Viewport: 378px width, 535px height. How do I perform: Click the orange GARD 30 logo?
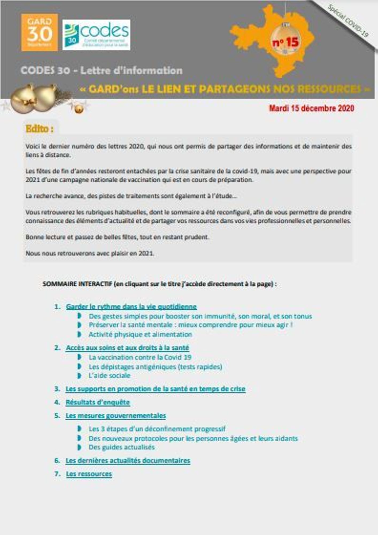(x=40, y=32)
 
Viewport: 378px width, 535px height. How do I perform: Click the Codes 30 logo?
(x=96, y=35)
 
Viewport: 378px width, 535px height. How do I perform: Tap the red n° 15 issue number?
(x=286, y=42)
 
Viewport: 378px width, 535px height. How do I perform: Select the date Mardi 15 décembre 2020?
(x=311, y=108)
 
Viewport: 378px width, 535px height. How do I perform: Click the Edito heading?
(x=39, y=129)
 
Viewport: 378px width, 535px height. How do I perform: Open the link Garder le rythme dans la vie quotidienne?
(x=131, y=307)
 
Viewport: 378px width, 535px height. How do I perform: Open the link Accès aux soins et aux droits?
(x=127, y=348)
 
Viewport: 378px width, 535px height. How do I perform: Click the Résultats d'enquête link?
(x=98, y=402)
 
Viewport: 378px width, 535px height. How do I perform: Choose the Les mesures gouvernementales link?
(x=116, y=416)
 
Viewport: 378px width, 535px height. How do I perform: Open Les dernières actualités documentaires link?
(x=128, y=461)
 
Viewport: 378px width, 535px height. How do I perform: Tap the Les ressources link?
(x=89, y=474)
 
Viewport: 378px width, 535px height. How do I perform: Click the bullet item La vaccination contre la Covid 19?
(x=140, y=357)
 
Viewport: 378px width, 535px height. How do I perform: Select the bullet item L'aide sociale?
(x=109, y=376)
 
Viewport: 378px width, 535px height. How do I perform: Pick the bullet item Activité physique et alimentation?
(x=140, y=334)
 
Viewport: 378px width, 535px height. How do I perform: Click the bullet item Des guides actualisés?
(x=122, y=447)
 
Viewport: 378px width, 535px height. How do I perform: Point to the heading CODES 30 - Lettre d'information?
(x=101, y=71)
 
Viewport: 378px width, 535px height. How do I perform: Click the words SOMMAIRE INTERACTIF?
(x=77, y=284)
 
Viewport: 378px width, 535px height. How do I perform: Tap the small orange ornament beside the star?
(x=79, y=109)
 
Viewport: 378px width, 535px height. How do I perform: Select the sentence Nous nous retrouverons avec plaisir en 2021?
(x=90, y=253)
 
